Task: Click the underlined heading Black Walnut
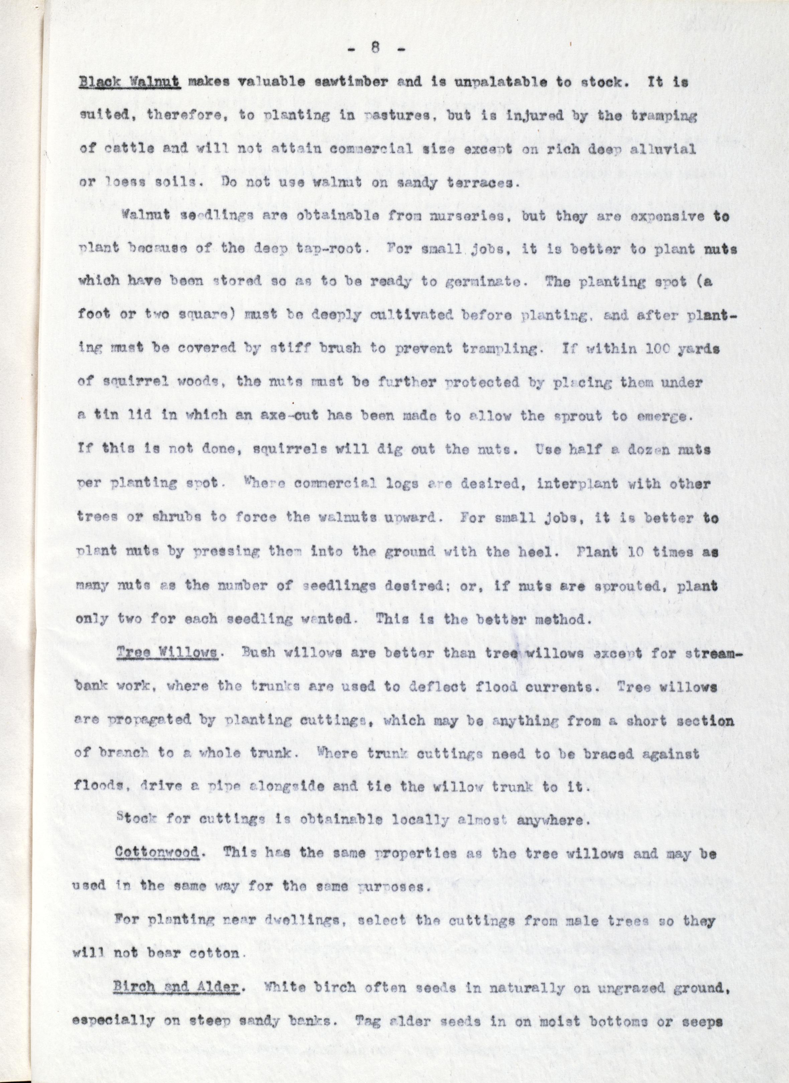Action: click(129, 83)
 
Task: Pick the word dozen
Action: click(639, 450)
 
